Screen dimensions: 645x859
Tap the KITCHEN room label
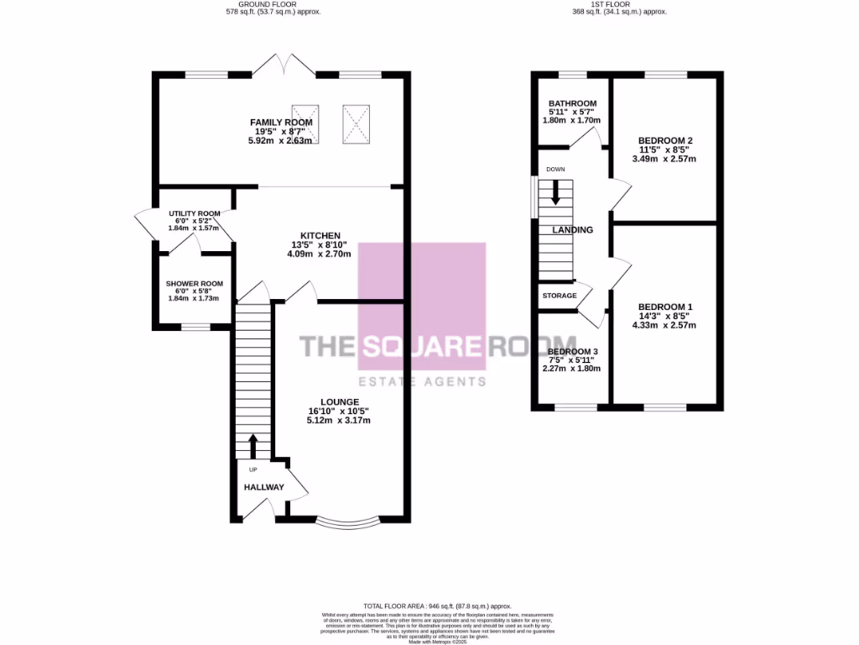320,235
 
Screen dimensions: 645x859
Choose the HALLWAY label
264,487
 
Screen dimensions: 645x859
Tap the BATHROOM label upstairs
573,103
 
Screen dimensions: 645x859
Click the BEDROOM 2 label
665,140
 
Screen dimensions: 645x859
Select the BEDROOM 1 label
665,307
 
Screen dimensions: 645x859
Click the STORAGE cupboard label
560,296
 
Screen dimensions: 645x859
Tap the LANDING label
572,230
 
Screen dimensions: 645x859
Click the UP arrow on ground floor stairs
253,445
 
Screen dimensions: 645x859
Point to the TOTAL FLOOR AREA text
437,606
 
